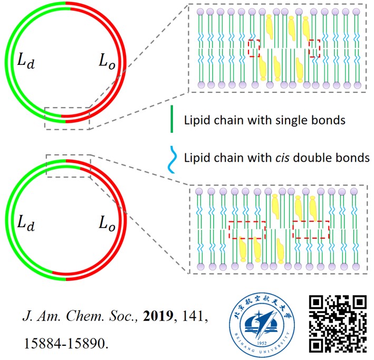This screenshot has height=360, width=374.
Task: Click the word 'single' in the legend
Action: [x=286, y=120]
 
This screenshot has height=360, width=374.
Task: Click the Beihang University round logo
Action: [x=262, y=323]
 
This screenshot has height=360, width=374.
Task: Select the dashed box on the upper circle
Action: [x=67, y=118]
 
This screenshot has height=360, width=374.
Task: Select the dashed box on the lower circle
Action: [x=69, y=165]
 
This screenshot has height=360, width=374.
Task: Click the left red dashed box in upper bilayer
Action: [x=255, y=47]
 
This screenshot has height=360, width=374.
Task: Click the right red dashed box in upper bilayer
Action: [x=315, y=47]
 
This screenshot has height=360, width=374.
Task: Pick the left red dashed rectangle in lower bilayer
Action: [x=247, y=230]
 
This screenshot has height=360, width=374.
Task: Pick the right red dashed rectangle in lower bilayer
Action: [x=311, y=230]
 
